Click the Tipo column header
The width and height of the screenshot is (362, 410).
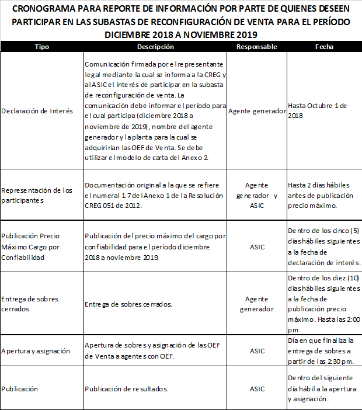click(42, 47)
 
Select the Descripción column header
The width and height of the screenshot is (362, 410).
click(155, 47)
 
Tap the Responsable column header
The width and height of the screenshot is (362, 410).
click(256, 47)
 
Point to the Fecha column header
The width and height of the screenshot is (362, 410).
click(324, 47)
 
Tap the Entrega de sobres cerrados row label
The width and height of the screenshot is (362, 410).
click(30, 304)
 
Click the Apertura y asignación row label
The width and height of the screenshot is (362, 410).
click(36, 351)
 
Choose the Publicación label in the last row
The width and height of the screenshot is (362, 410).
click(19, 388)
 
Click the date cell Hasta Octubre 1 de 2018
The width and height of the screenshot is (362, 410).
click(318, 110)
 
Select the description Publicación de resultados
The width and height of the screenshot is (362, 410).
click(126, 388)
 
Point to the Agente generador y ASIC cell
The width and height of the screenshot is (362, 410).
click(257, 195)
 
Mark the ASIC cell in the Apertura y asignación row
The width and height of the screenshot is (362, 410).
click(257, 351)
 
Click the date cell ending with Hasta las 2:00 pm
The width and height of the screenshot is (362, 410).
click(324, 304)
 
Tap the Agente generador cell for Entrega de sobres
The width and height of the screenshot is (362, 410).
click(257, 304)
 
